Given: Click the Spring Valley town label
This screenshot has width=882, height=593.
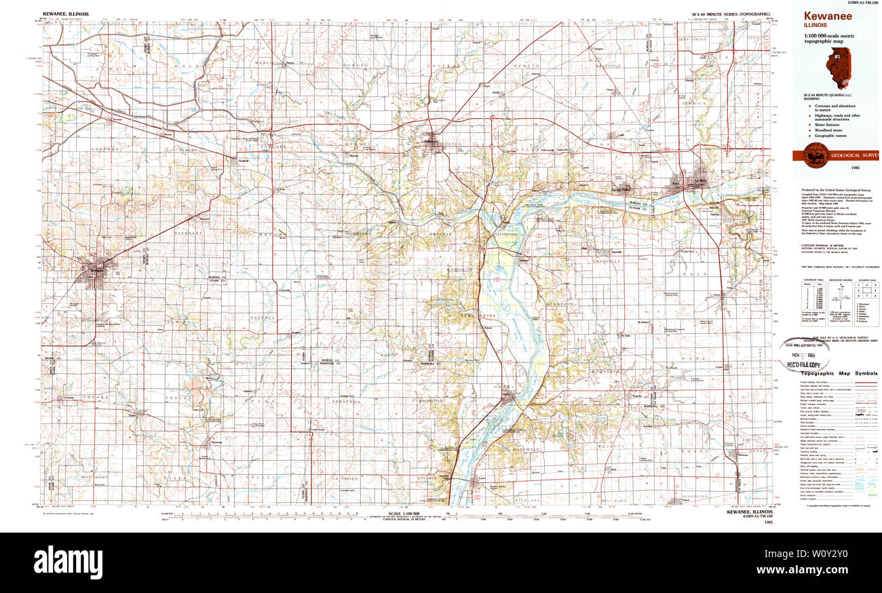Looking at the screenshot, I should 626,189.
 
